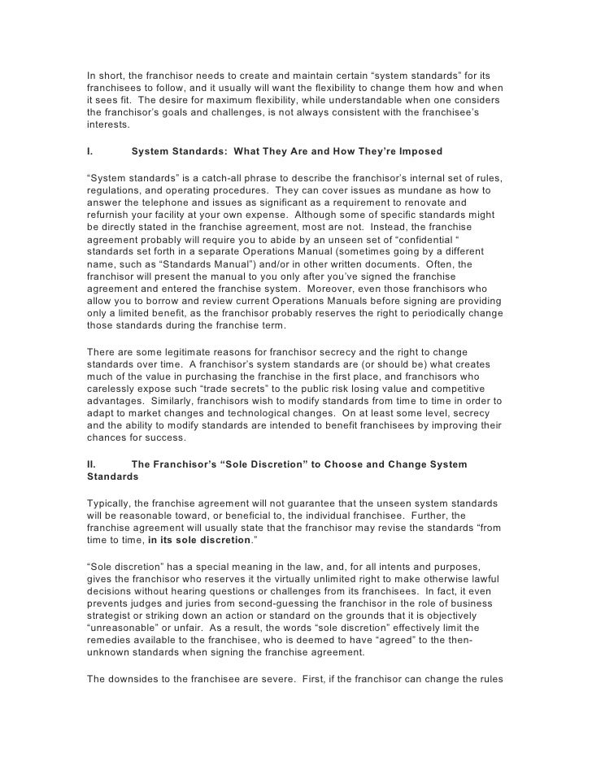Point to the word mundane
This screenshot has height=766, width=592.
[435, 189]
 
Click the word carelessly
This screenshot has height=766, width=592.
[113, 390]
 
